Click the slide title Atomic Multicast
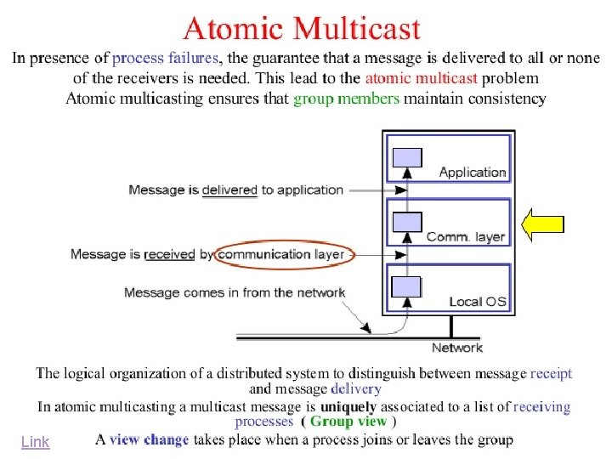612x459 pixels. click(302, 30)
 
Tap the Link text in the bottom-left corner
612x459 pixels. click(36, 442)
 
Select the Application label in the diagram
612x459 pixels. click(472, 173)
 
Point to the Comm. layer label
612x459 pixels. click(465, 237)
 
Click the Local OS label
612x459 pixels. click(477, 302)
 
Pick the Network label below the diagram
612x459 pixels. click(456, 348)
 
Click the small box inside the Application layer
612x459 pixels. click(407, 157)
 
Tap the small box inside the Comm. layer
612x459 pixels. click(407, 222)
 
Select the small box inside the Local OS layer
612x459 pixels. click(406, 286)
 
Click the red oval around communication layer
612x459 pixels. click(281, 254)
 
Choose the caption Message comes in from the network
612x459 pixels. click(235, 293)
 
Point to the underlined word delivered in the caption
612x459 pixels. click(229, 190)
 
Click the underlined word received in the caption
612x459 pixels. click(170, 254)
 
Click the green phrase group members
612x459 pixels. click(346, 99)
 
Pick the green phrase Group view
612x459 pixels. click(348, 422)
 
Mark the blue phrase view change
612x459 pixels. click(149, 440)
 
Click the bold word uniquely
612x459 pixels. click(348, 407)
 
